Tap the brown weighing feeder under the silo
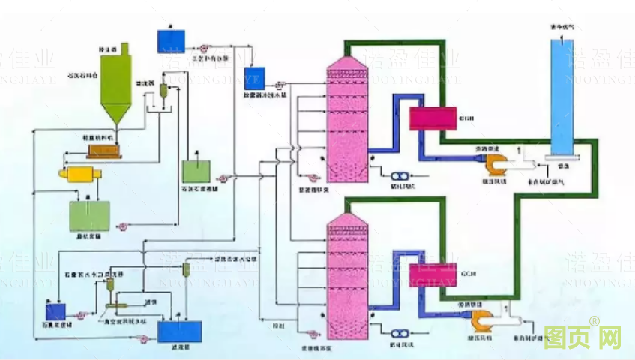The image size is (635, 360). pos(103,150)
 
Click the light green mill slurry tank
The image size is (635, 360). pos(90,215)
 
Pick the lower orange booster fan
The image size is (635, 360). pos(478,321)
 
